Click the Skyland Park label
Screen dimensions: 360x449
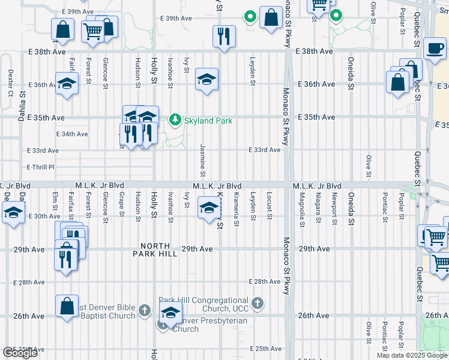point(208,121)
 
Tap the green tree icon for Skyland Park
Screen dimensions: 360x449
point(175,120)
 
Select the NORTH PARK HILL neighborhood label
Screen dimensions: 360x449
point(159,250)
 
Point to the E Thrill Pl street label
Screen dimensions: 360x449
point(40,167)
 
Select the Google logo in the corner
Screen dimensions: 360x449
point(20,353)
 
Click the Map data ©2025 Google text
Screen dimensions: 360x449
point(412,355)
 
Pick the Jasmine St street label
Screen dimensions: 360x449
point(203,160)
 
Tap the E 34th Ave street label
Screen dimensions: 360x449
point(72,134)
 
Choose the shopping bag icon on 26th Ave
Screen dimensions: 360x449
point(67,305)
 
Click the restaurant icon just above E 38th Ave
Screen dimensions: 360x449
point(223,36)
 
